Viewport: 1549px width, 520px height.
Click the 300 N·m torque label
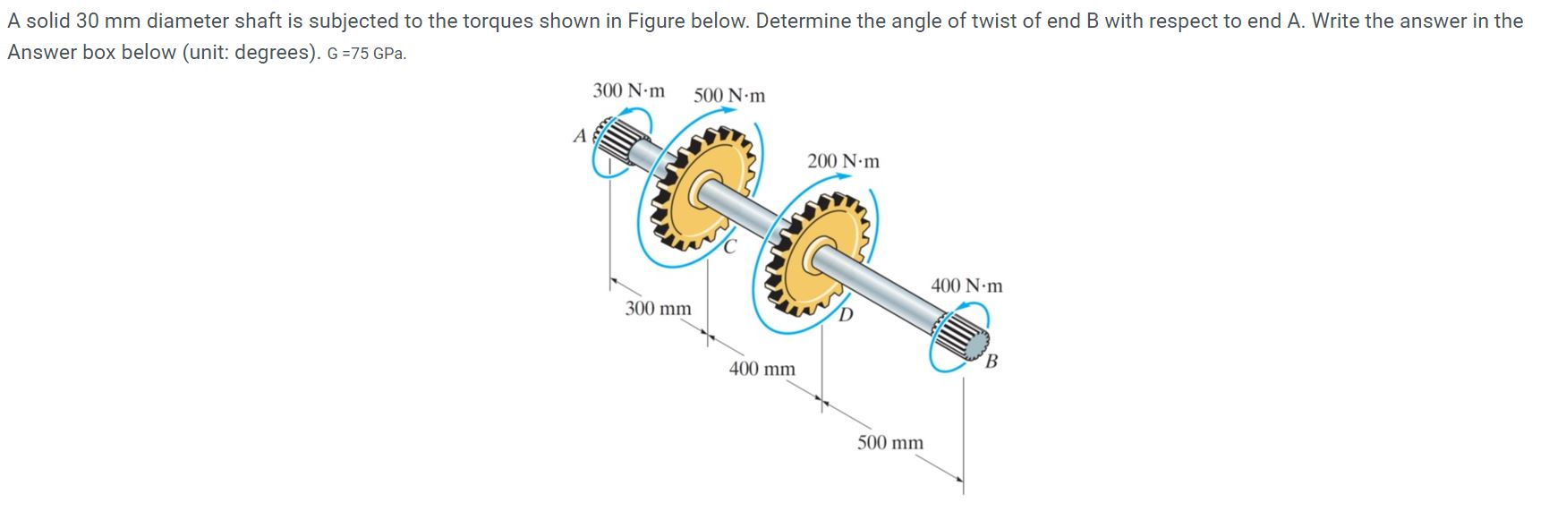pos(629,90)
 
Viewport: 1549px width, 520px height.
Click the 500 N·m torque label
pos(729,95)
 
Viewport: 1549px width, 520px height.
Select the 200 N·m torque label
pos(843,161)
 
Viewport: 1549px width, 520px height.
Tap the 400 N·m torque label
pos(966,286)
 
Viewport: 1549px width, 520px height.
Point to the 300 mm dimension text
pos(658,309)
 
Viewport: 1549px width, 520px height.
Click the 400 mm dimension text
pos(762,369)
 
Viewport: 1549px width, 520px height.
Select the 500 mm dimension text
pos(889,443)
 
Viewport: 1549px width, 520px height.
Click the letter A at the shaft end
pos(580,136)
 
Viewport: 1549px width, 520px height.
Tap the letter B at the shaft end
pos(991,362)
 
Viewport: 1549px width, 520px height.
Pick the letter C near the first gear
pos(730,247)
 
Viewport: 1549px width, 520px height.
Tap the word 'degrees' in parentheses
pos(270,52)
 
